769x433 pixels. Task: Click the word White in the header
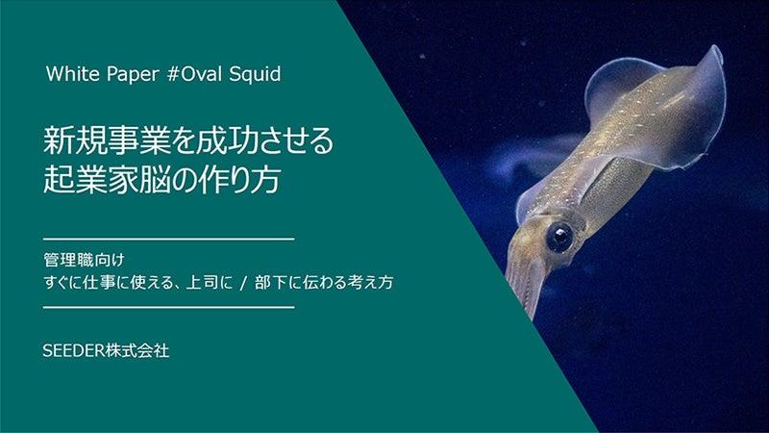(73, 74)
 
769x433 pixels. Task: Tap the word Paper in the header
(133, 75)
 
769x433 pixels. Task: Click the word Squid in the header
(255, 75)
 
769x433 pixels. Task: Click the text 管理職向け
(84, 260)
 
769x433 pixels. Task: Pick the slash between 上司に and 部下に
(243, 283)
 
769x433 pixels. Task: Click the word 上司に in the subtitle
(210, 283)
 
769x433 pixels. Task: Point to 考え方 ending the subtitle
(370, 283)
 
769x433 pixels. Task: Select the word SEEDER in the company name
(74, 350)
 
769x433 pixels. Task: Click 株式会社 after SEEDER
(137, 350)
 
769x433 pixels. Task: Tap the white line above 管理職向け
(169, 240)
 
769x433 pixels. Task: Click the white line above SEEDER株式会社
(169, 308)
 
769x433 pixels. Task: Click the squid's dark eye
(559, 238)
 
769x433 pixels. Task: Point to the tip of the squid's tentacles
(531, 318)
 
